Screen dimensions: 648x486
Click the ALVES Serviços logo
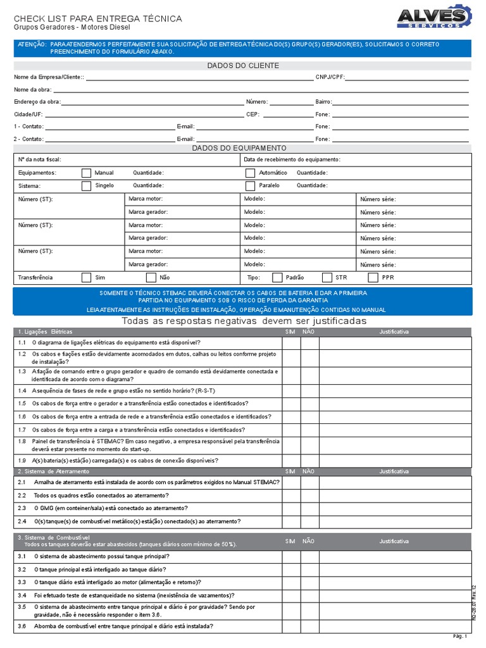pos(434,17)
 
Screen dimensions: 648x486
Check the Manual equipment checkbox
pos(87,173)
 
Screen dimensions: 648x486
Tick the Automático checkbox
pos(250,173)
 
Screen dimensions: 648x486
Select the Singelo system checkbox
pos(87,186)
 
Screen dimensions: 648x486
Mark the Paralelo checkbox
pos(250,186)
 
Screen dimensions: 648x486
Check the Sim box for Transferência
pos(87,277)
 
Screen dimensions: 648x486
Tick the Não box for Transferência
pos(151,277)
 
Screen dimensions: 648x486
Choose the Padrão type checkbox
pos(277,277)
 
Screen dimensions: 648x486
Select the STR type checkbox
pos(327,277)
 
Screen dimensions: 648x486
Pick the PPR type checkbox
pos(373,277)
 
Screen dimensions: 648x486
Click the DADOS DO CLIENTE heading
pos(243,66)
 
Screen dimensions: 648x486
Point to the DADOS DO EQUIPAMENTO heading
pos(243,147)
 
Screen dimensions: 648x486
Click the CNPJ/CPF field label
pos(330,77)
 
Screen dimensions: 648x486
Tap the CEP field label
pos(252,115)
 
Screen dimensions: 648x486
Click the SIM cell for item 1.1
pos(291,343)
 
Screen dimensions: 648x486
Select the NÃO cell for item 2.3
pos(309,508)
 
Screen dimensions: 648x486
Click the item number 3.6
pos(22,626)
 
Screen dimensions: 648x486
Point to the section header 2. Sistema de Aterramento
pos(54,471)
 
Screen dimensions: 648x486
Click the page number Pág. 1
pos(460,637)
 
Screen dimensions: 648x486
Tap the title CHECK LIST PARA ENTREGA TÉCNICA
pos(98,19)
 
